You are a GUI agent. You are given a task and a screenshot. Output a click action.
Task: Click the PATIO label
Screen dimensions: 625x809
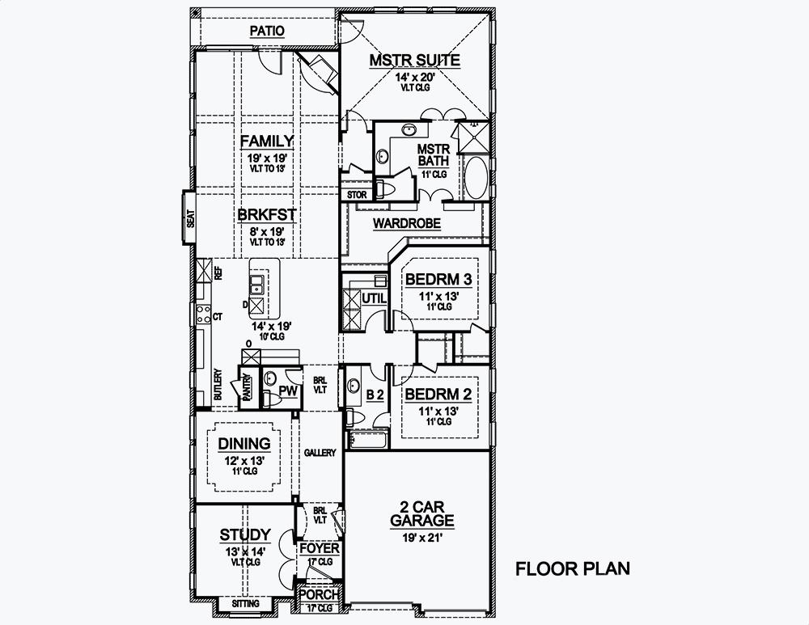coord(266,31)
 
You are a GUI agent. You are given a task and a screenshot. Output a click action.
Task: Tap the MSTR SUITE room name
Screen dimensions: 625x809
coord(415,60)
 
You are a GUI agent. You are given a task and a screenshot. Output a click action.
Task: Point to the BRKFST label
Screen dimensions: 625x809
coord(266,215)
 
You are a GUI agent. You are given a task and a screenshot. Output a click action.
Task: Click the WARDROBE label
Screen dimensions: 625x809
coord(406,223)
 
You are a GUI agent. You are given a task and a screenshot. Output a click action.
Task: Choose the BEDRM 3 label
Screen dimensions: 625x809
coord(438,279)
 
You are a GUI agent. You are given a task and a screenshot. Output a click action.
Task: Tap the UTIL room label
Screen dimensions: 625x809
coord(374,298)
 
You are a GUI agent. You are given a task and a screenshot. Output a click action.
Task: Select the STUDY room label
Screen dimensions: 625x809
coord(244,535)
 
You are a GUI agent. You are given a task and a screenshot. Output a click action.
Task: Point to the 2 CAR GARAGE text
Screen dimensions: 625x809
coord(421,513)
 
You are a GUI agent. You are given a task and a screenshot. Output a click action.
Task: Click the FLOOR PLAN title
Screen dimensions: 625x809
coord(573,568)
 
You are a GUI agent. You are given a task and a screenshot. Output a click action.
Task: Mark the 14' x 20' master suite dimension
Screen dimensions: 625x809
coord(415,78)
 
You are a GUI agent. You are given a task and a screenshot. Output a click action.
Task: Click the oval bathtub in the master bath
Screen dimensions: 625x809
coord(475,178)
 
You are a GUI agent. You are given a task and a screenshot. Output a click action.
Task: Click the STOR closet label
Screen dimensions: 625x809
coord(357,195)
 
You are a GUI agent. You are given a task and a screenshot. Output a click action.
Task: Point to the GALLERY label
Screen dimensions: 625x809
coord(320,453)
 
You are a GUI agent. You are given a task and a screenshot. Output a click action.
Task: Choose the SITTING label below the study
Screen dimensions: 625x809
coord(245,604)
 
